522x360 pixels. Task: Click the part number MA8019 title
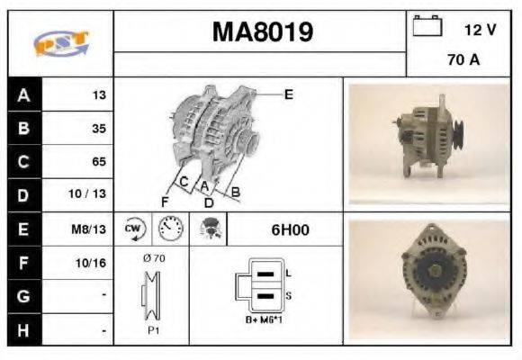pyautogui.click(x=262, y=32)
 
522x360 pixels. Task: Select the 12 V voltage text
pyautogui.click(x=480, y=29)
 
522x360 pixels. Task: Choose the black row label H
pyautogui.click(x=22, y=330)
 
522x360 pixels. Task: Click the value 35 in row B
pyautogui.click(x=98, y=129)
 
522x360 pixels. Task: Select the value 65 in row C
pyautogui.click(x=98, y=162)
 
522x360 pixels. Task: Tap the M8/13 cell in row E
pyautogui.click(x=91, y=229)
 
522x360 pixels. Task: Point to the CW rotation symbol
pyautogui.click(x=132, y=229)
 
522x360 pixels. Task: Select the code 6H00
pyautogui.click(x=290, y=229)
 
